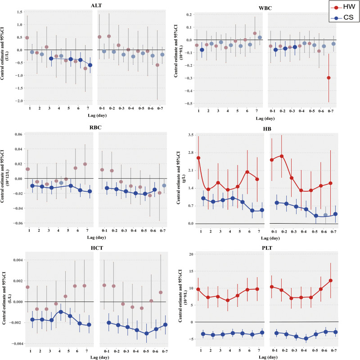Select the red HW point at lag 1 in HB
(x=198, y=158)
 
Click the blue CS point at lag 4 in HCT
(x=60, y=311)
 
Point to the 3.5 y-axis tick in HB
(x=190, y=135)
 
